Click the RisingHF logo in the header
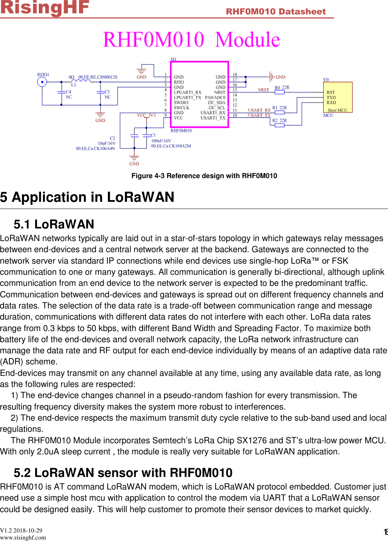point(45,7)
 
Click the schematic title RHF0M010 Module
point(191,40)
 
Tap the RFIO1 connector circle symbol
point(42,82)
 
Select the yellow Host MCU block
point(337,97)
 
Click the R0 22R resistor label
point(282,88)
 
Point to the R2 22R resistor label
point(279,120)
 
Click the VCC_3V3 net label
point(146,115)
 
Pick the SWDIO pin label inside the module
point(181,103)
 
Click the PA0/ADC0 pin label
point(215,97)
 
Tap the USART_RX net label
point(259,110)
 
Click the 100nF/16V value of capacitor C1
point(161,141)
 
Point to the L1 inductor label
point(74,85)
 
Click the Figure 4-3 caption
point(204,176)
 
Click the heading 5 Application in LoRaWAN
point(87,197)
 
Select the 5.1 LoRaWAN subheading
point(54,224)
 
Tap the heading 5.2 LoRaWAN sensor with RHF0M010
point(123,473)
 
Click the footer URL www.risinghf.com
point(23,538)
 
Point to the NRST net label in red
point(263,90)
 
